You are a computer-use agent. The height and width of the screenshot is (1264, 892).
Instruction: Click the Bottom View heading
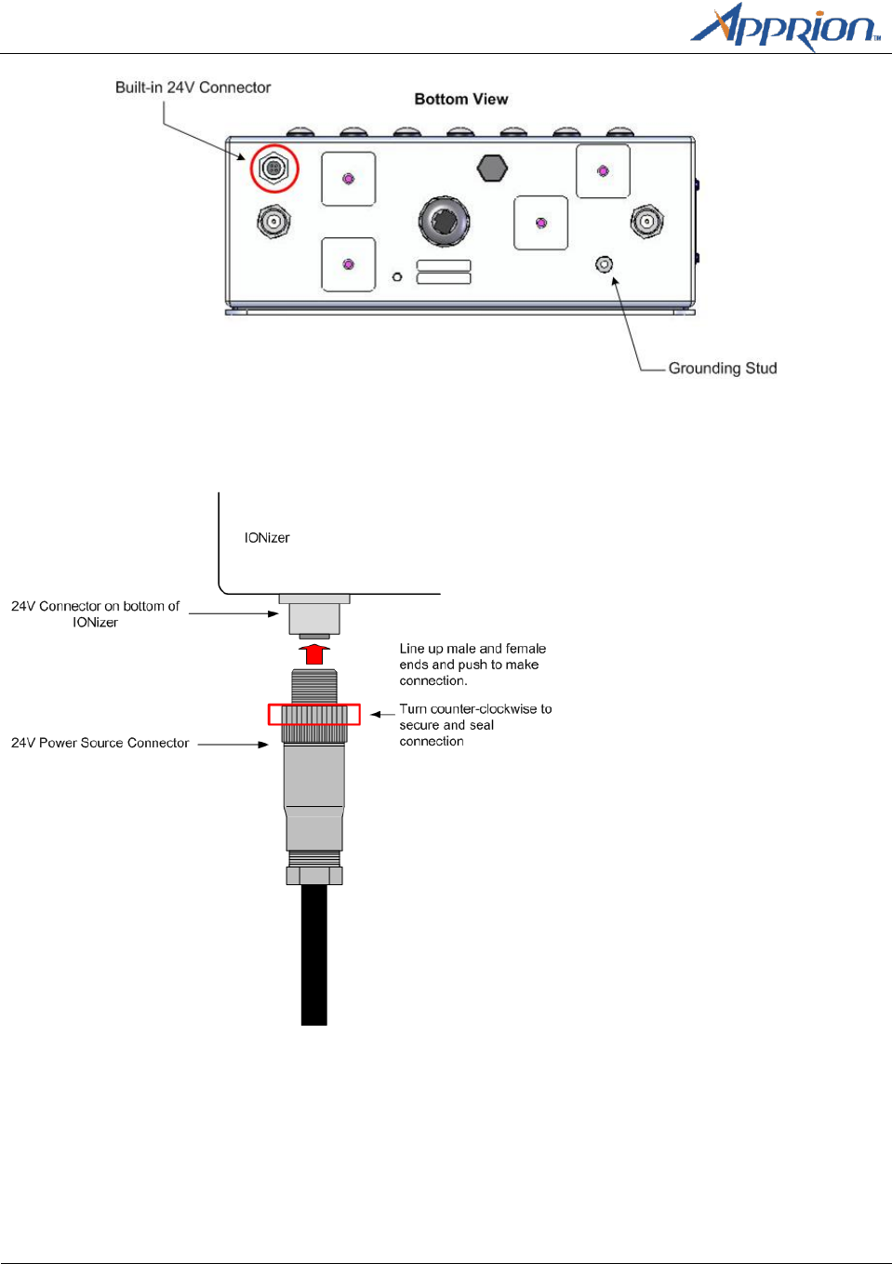coord(461,100)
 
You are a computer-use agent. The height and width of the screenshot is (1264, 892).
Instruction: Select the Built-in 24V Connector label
coord(193,87)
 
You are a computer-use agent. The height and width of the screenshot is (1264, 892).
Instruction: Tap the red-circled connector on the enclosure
coord(273,168)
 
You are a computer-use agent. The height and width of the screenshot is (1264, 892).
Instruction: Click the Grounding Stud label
coord(722,369)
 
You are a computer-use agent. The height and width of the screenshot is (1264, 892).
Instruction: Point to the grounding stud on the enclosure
coord(605,264)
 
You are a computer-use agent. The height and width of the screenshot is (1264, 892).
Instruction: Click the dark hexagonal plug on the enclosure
coord(492,168)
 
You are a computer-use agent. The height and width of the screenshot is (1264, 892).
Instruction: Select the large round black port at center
coord(444,221)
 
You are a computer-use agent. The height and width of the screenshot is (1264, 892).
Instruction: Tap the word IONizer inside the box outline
coord(267,538)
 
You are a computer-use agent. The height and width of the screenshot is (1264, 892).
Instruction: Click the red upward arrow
coord(314,652)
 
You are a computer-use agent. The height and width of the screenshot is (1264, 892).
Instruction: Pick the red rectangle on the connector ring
coord(314,715)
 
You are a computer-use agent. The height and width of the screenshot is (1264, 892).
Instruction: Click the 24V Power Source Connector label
coord(100,743)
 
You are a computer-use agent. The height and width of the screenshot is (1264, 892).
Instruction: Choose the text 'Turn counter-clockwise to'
coord(475,709)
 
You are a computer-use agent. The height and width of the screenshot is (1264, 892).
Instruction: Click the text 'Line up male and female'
coord(473,649)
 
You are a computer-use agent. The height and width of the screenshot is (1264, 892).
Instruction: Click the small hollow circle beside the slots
coord(397,277)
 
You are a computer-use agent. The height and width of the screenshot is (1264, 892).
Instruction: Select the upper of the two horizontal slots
coord(444,265)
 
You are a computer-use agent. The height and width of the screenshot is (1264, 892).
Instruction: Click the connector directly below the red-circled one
coord(273,222)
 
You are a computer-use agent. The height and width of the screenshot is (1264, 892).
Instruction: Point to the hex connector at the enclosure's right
coord(646,222)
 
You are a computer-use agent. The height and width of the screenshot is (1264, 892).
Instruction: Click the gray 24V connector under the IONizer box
coord(314,616)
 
